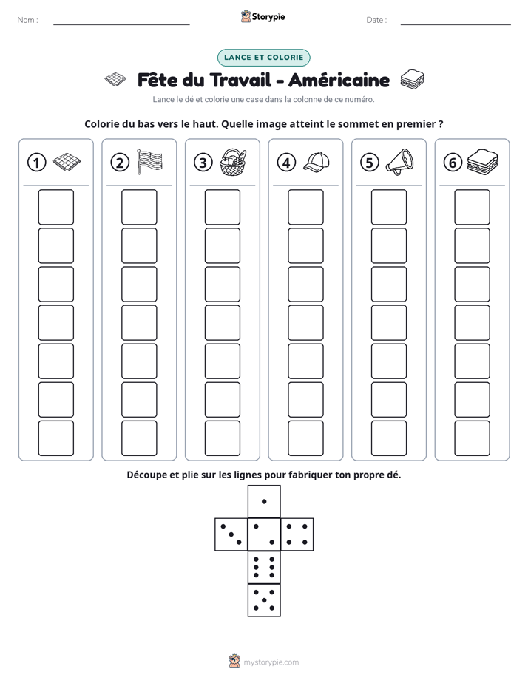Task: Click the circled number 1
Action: tap(36, 163)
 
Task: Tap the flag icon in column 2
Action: tap(149, 162)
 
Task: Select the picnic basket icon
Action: tap(233, 162)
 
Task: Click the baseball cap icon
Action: tap(317, 162)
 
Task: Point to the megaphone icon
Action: tap(399, 162)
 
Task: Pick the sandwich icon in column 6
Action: tap(482, 162)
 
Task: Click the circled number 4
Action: tap(286, 163)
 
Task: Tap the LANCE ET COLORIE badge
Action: tap(263, 58)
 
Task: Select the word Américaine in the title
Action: tap(339, 80)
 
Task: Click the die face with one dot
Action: tap(264, 501)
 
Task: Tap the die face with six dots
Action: tap(264, 567)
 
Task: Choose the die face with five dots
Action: tap(264, 600)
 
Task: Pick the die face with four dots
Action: tap(297, 534)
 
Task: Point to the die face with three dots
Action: tap(231, 534)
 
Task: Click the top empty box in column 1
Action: tap(55, 207)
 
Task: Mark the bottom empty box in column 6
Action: tap(472, 438)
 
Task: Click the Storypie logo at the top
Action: tap(263, 17)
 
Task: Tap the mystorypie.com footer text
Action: tap(271, 662)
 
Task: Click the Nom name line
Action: tap(121, 24)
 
